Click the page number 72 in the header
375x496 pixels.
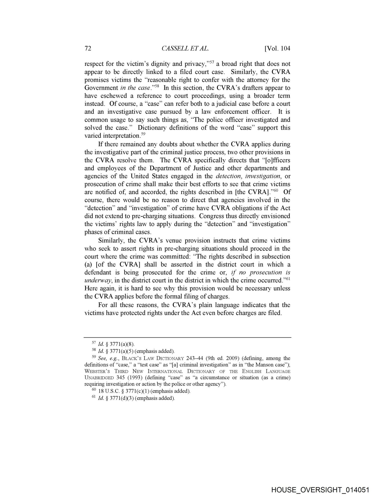click(x=88, y=49)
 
